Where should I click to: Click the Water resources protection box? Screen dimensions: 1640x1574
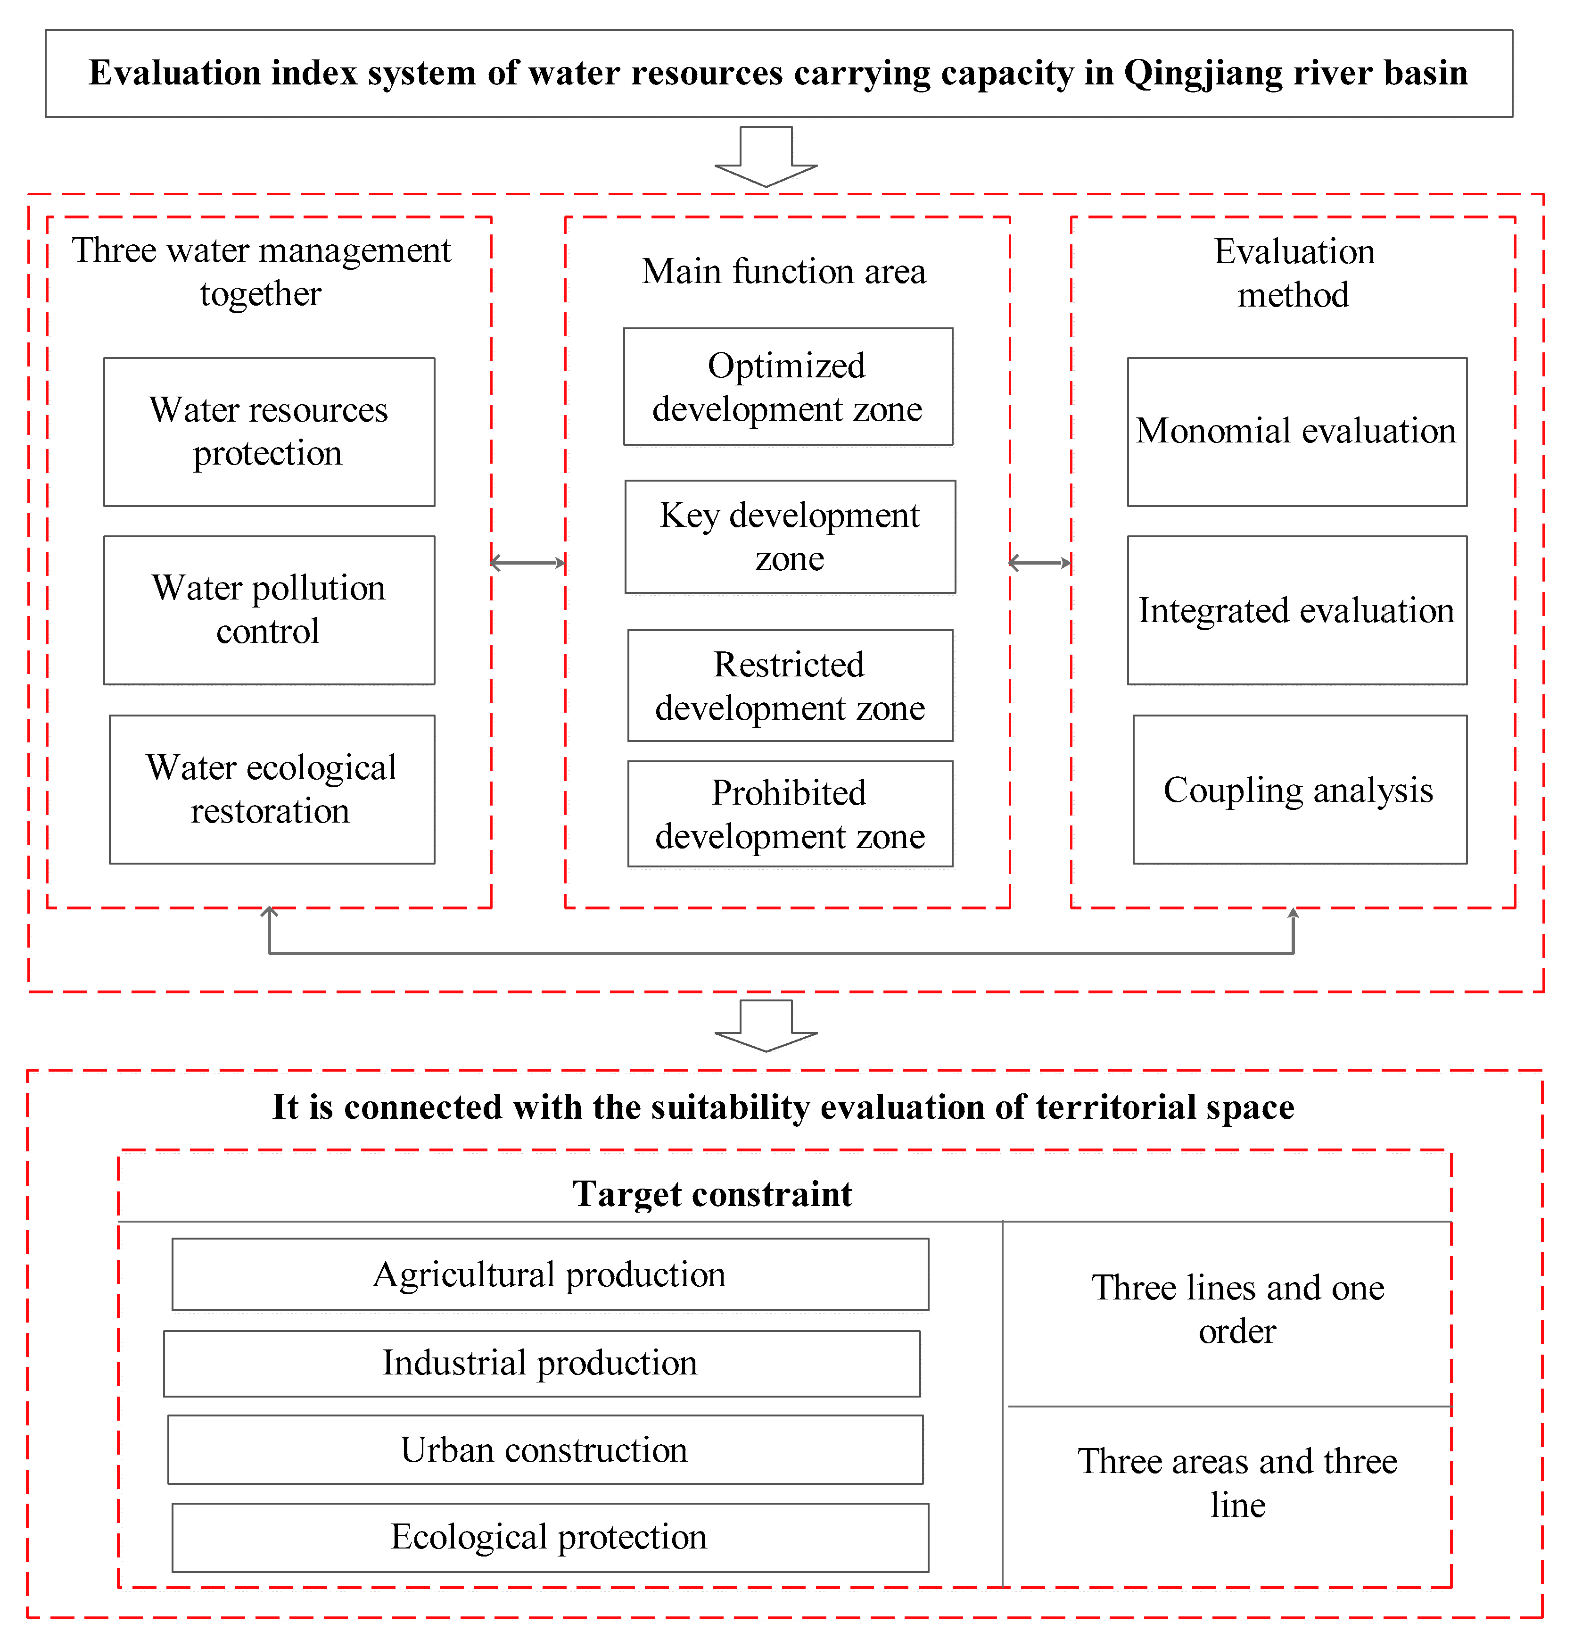pyautogui.click(x=269, y=432)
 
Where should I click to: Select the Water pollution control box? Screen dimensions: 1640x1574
pyautogui.click(x=269, y=610)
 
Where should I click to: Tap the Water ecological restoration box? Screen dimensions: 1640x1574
pyautogui.click(x=272, y=789)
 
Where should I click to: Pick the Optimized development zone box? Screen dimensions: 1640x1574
pyautogui.click(x=788, y=387)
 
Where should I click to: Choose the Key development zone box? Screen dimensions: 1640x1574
pyautogui.click(x=790, y=536)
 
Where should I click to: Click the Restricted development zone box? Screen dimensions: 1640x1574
pyautogui.click(x=790, y=685)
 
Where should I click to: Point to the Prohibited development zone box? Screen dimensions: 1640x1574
pyautogui.click(x=790, y=813)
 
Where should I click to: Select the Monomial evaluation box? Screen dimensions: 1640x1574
pyautogui.click(x=1296, y=432)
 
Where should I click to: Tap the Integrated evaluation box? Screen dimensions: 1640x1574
pyautogui.click(x=1296, y=610)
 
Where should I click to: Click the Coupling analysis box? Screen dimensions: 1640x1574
pyautogui.click(x=1299, y=789)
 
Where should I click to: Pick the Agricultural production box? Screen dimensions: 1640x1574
pyautogui.click(x=550, y=1274)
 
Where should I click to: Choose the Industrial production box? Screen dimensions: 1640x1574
pyautogui.click(x=541, y=1363)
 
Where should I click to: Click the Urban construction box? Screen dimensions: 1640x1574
pyautogui.click(x=544, y=1450)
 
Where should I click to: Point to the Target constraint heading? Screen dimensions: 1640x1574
pyautogui.click(x=713, y=1194)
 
